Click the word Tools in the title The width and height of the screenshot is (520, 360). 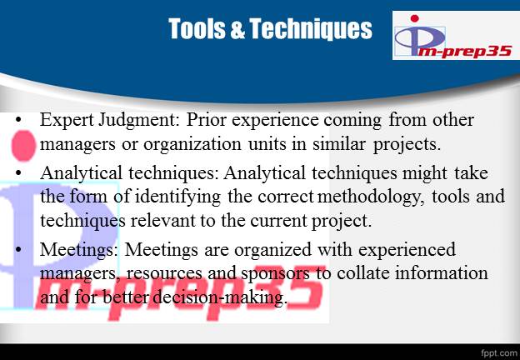[197, 29]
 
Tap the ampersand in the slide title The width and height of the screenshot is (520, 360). [237, 29]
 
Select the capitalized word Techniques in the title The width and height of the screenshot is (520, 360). [311, 29]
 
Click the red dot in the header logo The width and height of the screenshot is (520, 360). [414, 18]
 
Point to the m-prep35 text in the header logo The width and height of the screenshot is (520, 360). [464, 52]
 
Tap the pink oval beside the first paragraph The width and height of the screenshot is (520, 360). [23, 146]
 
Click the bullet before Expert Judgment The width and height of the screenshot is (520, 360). [18, 120]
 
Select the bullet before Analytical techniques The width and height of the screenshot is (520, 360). [18, 172]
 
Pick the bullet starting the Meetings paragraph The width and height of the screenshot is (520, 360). [18, 249]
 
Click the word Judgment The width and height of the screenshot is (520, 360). [139, 120]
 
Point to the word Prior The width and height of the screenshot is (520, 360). [206, 119]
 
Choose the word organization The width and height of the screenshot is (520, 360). [192, 144]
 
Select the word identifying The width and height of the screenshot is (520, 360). [177, 197]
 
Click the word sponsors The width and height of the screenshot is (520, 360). [276, 274]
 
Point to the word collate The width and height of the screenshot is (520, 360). [362, 272]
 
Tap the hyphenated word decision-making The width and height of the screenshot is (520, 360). [219, 297]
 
